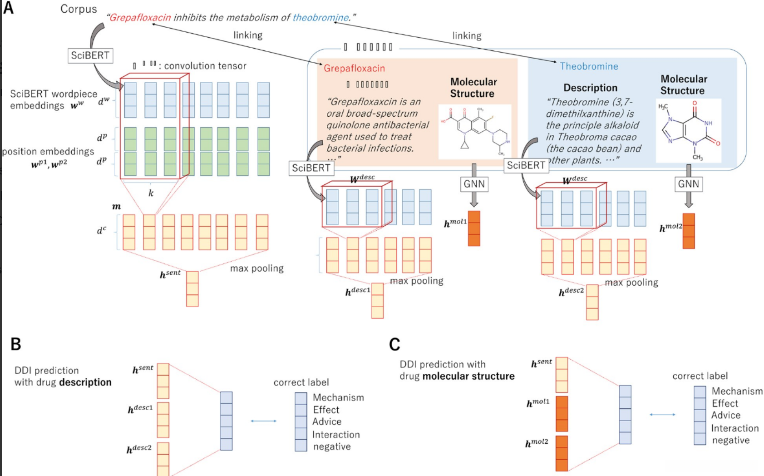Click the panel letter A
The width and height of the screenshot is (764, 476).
tap(8, 8)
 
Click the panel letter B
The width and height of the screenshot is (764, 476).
tap(16, 344)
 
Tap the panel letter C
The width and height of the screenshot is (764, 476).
tap(394, 344)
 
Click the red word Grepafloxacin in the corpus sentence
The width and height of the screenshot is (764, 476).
tap(140, 18)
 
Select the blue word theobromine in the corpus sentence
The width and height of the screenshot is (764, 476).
tap(320, 18)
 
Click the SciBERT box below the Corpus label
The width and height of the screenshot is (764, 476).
tap(90, 55)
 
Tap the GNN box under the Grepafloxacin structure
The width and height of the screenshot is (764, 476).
tap(474, 184)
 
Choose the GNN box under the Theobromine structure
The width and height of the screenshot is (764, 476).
tap(688, 184)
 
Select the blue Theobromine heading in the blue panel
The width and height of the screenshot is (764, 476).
tap(589, 66)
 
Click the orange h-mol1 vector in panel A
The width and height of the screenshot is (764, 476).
tap(474, 228)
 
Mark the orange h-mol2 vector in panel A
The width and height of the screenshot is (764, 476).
tap(689, 231)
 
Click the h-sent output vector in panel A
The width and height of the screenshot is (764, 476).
tap(192, 289)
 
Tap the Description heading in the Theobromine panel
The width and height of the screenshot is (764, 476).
tap(590, 88)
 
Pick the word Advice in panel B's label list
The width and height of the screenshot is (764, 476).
tap(327, 421)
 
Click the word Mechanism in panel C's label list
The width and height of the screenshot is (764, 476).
tap(737, 391)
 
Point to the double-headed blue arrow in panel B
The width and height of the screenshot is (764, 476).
tap(264, 421)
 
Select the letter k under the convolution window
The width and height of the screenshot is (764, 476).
tap(151, 193)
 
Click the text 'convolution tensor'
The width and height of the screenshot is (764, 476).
tap(205, 66)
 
